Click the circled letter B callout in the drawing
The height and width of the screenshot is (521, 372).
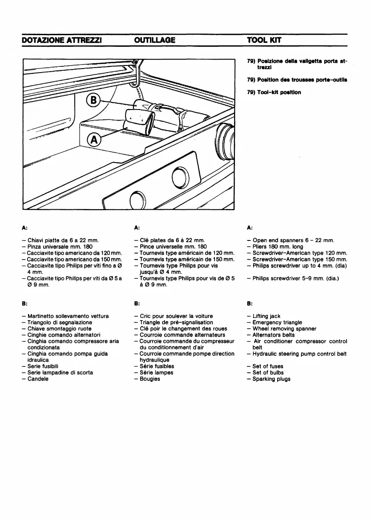pyautogui.click(x=93, y=99)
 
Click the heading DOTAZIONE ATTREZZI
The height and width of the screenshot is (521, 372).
pyautogui.click(x=62, y=40)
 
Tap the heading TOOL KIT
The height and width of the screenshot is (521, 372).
pyautogui.click(x=264, y=40)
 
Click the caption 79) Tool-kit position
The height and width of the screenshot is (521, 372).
pyautogui.click(x=274, y=92)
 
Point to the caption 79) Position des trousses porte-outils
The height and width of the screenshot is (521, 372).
pyautogui.click(x=297, y=80)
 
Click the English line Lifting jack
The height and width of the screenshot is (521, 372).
pyautogui.click(x=266, y=316)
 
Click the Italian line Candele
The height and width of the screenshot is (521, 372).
pyautogui.click(x=38, y=379)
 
